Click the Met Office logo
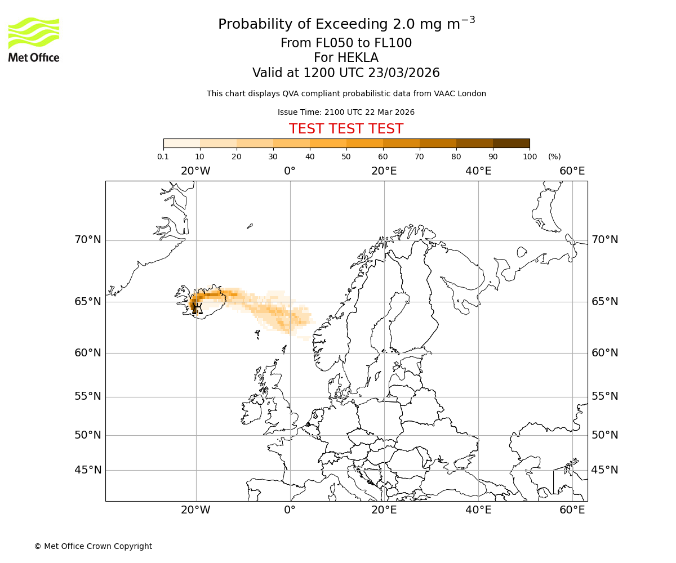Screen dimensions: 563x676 tap(34, 39)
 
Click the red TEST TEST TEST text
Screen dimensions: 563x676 tap(346, 129)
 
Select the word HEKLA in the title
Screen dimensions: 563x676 tap(346, 58)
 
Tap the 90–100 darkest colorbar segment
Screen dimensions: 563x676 tap(511, 143)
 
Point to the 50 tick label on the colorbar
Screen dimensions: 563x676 tap(346, 157)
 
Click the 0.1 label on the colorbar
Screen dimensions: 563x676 tap(163, 157)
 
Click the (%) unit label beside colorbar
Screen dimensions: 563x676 tap(554, 157)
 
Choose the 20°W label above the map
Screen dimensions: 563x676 tap(195, 171)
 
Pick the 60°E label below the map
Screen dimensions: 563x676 tap(572, 510)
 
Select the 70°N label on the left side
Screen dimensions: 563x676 tap(88, 240)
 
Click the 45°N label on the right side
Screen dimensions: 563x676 tap(604, 470)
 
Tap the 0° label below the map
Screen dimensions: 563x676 tap(290, 510)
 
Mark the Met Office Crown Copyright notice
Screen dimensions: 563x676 tap(93, 546)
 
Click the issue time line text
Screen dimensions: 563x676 tap(346, 112)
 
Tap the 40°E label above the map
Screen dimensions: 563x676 tap(478, 171)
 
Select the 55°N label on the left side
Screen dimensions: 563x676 tap(88, 396)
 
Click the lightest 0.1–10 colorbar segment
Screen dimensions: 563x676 tap(182, 143)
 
